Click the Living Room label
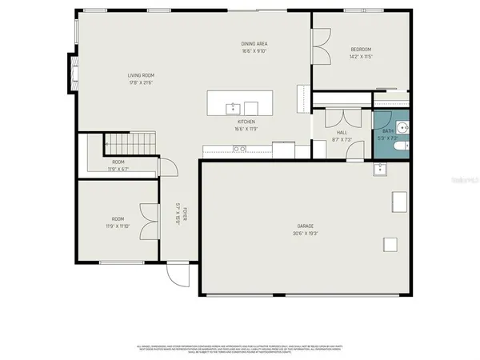(140, 75)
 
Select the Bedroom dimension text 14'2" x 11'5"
(360, 57)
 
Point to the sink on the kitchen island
(233, 106)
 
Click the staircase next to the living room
(124, 144)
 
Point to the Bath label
(387, 131)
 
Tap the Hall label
(342, 132)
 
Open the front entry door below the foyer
(178, 274)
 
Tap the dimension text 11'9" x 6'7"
(118, 169)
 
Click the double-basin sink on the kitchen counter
(239, 149)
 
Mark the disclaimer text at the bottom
(240, 349)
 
